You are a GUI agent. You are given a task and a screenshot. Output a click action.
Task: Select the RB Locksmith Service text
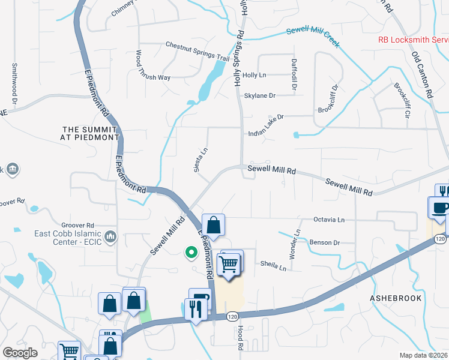(413, 41)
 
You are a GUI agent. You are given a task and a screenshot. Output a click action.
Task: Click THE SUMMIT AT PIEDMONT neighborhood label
(91, 133)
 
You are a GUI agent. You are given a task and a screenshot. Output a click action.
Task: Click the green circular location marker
(192, 253)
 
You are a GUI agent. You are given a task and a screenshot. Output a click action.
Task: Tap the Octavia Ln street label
(328, 220)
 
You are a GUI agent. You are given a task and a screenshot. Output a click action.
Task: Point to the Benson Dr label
(325, 243)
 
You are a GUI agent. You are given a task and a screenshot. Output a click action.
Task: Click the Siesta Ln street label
(200, 160)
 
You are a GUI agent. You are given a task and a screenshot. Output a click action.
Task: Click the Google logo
(20, 353)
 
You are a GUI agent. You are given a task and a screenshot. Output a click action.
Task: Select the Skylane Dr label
(259, 95)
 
